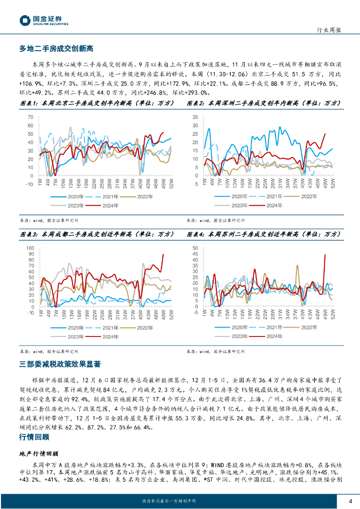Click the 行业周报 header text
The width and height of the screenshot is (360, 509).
coord(329,30)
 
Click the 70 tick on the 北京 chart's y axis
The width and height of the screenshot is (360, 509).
coord(30,117)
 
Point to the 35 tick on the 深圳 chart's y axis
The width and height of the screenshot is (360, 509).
coord(195,117)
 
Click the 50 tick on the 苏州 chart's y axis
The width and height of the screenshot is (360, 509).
coord(195,247)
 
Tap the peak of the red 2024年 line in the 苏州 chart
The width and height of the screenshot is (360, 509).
coord(325,255)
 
